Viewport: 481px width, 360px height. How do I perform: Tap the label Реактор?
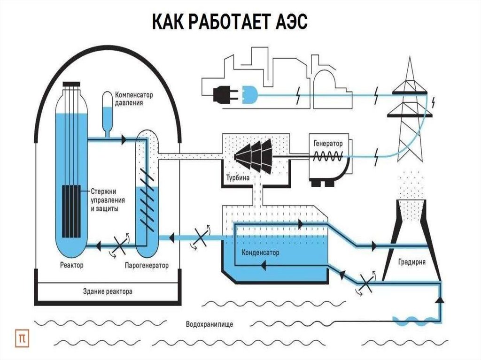pos(72,266)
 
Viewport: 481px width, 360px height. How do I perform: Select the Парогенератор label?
pos(147,266)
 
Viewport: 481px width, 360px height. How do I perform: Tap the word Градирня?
pos(411,263)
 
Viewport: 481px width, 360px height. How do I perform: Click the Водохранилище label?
pos(209,324)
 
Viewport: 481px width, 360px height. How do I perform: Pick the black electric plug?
pos(224,95)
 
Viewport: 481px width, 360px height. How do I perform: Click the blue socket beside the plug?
pos(248,95)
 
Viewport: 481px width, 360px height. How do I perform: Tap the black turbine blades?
pos(253,155)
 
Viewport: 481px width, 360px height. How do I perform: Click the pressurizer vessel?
pos(108,112)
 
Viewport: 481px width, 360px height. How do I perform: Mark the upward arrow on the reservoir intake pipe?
pos(440,299)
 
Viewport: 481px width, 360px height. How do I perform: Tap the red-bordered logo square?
pos(22,337)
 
